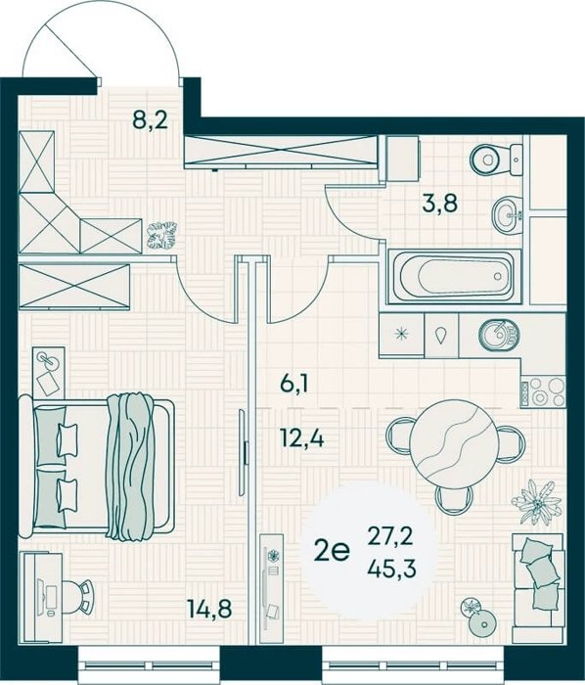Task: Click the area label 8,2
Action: tap(151, 119)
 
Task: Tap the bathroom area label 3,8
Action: tap(439, 203)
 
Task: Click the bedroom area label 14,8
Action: tap(209, 609)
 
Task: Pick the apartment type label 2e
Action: tap(333, 551)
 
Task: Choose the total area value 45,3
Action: tap(390, 569)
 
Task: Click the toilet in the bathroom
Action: tap(496, 160)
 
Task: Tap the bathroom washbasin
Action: tap(508, 214)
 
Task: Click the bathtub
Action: tap(455, 277)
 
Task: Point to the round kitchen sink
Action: tap(499, 336)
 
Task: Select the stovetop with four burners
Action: tap(543, 391)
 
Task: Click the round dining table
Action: tap(454, 444)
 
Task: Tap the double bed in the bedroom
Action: tap(97, 466)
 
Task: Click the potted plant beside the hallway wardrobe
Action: tap(162, 235)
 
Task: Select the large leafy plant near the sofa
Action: tap(536, 501)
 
